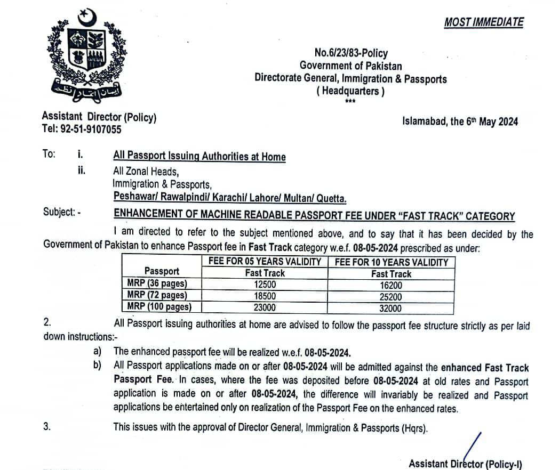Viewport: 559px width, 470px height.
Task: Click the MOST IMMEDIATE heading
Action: [484, 22]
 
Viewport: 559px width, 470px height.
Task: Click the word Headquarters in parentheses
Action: [350, 91]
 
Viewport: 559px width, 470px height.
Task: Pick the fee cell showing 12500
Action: [265, 285]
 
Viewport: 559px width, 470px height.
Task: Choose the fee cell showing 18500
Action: [265, 296]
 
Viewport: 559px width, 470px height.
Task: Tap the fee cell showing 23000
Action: [265, 307]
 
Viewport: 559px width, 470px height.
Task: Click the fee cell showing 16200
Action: [391, 285]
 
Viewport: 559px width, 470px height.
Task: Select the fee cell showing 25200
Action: [391, 296]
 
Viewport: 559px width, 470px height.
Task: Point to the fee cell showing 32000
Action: [391, 308]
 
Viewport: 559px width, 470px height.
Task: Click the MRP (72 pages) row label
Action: [157, 295]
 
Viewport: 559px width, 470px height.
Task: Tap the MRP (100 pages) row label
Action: [159, 307]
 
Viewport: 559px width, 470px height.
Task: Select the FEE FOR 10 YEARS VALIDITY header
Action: [391, 262]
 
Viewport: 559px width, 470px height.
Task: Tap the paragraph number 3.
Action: [47, 427]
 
